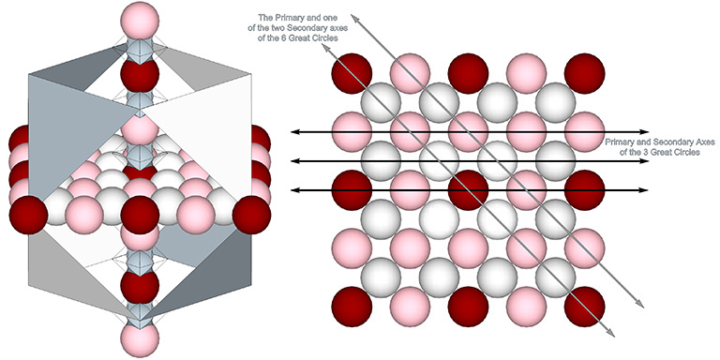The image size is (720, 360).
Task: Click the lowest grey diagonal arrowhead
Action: tap(613, 331)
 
